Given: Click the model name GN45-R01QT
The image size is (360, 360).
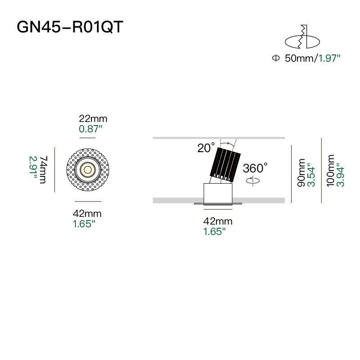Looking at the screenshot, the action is (x=70, y=27).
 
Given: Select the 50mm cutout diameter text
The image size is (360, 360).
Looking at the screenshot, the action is (x=299, y=58).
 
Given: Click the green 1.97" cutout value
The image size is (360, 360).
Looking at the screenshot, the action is (x=329, y=58).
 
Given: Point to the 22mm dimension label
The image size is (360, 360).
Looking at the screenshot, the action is (x=93, y=119).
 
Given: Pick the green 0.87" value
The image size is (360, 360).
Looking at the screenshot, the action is (x=90, y=129).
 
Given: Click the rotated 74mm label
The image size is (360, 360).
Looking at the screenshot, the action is (x=44, y=170).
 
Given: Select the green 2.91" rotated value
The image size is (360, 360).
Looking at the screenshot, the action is (x=33, y=168).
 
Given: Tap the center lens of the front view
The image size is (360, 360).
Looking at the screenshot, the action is (x=88, y=170).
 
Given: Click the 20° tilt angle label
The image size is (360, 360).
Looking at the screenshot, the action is (x=206, y=148).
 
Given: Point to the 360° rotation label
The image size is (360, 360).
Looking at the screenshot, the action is (x=255, y=168).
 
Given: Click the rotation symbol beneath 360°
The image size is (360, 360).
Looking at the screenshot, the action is (x=253, y=181).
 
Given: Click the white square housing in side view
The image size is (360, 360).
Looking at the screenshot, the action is (x=218, y=193).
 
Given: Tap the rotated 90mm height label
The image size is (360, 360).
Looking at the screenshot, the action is (x=301, y=173).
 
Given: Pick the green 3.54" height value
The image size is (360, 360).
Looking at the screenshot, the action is (x=311, y=175).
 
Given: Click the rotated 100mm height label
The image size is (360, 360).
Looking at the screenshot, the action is (x=330, y=171).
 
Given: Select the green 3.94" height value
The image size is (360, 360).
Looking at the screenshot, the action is (x=340, y=175).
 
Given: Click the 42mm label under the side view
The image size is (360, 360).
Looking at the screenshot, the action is (x=218, y=221).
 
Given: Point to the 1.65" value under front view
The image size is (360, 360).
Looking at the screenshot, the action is (x=84, y=224).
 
